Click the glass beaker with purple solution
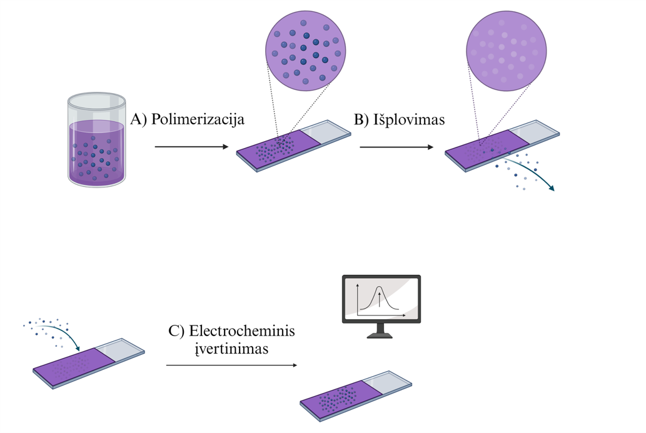(97, 141)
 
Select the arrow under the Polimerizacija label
(191, 147)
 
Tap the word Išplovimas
(409, 120)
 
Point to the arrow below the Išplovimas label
(396, 147)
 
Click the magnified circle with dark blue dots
(306, 52)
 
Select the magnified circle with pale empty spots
(507, 52)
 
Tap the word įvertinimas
(231, 349)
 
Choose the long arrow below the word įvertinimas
(231, 365)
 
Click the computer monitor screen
(381, 298)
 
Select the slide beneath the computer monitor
(355, 397)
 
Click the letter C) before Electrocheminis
(176, 331)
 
